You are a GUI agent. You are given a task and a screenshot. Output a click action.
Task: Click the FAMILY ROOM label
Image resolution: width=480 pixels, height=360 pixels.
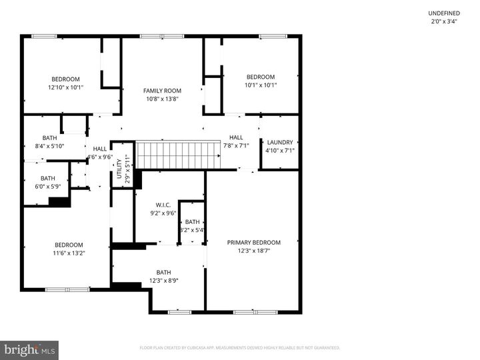click(x=162, y=91)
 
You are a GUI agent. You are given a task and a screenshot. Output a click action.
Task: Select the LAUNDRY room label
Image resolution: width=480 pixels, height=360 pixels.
click(x=280, y=142)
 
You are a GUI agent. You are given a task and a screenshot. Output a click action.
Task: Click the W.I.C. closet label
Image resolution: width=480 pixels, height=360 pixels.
click(x=163, y=205)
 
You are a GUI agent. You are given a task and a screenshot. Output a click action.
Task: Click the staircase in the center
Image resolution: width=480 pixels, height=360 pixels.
click(x=178, y=155)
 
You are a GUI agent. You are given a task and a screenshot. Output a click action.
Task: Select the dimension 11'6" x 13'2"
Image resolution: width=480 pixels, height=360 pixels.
click(x=69, y=253)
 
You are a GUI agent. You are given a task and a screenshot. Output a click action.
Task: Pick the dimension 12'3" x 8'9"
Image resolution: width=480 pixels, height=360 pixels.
click(x=163, y=281)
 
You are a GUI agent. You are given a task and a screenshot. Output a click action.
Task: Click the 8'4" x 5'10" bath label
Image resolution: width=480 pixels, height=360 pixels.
click(x=50, y=138)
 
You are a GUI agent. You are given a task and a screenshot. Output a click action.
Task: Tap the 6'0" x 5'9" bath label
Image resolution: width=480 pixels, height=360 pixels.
click(x=48, y=178)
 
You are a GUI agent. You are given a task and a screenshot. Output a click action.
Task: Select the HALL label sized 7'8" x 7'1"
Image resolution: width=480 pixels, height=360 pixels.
click(x=236, y=137)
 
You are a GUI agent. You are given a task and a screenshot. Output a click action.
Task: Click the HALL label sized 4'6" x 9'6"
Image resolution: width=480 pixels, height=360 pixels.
click(x=100, y=149)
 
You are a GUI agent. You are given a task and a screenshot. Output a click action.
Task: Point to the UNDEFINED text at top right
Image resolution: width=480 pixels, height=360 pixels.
click(x=445, y=13)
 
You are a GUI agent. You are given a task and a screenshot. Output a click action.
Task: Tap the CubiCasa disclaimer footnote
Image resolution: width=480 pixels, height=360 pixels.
click(x=240, y=347)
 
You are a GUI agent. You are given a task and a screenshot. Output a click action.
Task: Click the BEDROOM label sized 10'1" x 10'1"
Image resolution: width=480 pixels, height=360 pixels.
click(x=260, y=77)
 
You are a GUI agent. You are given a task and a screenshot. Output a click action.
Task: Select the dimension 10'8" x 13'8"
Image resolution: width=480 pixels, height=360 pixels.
click(x=162, y=99)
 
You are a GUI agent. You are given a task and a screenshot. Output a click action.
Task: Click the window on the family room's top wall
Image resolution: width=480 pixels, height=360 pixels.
click(x=171, y=36)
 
